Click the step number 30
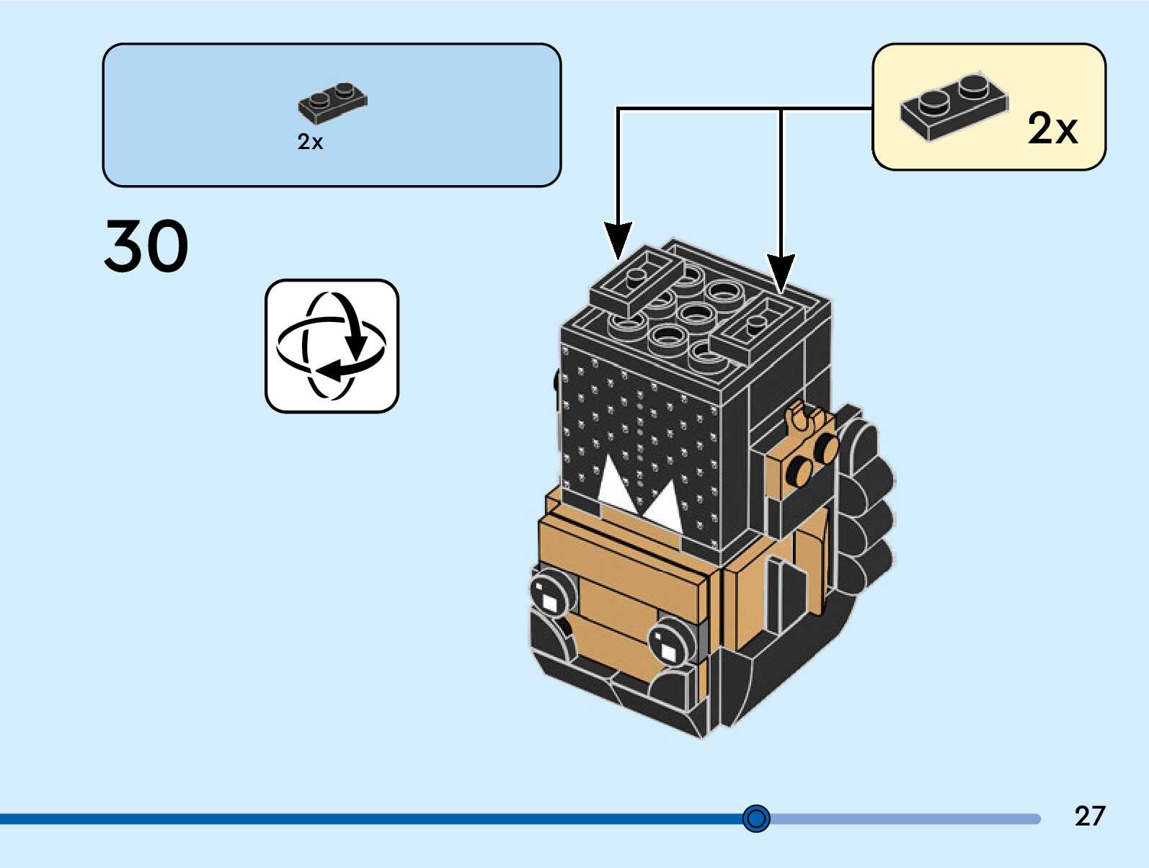pos(146,245)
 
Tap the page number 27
pos(1090,815)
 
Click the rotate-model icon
pos(332,346)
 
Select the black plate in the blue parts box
pos(333,102)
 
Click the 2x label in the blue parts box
pos(310,142)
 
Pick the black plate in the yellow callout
pos(954,108)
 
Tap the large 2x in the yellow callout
pos(1052,129)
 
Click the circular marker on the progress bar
pos(756,818)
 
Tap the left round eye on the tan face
pos(550,595)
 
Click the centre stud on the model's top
pos(695,314)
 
